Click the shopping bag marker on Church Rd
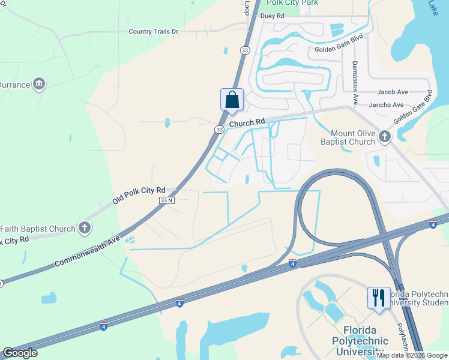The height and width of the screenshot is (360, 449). coord(232,100)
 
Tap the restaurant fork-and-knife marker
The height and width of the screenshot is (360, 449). coord(378,298)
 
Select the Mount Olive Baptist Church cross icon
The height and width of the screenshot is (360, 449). coord(385,137)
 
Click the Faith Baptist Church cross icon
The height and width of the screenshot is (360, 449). coord(85,228)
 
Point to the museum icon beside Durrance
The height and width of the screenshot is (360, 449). coord(40,84)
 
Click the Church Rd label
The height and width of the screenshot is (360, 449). coord(247,123)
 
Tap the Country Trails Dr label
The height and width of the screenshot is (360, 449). coord(154,31)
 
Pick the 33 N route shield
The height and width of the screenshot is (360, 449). coord(167,200)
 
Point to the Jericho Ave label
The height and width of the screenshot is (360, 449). coord(387,104)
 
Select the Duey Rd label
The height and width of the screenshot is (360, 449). coord(272,16)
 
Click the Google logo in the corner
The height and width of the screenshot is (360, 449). coord(20,353)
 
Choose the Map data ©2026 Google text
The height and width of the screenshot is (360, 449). coord(412,355)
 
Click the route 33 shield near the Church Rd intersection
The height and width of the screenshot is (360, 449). coord(220,129)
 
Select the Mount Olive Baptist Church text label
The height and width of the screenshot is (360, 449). coord(354,137)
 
